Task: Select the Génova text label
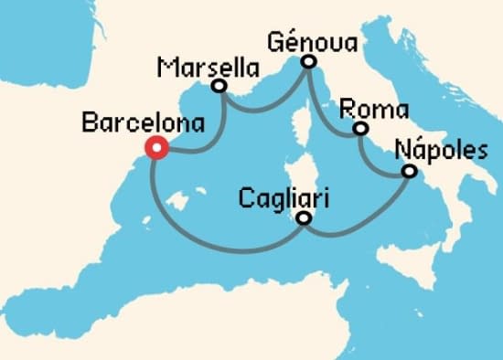tap(314, 41)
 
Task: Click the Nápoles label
tap(442, 150)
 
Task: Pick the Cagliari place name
tap(284, 196)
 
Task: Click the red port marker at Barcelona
tap(156, 148)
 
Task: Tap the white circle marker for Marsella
tap(219, 87)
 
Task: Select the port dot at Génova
tap(308, 62)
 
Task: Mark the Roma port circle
tap(360, 130)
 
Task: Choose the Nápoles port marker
tap(409, 172)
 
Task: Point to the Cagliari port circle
tap(304, 218)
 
